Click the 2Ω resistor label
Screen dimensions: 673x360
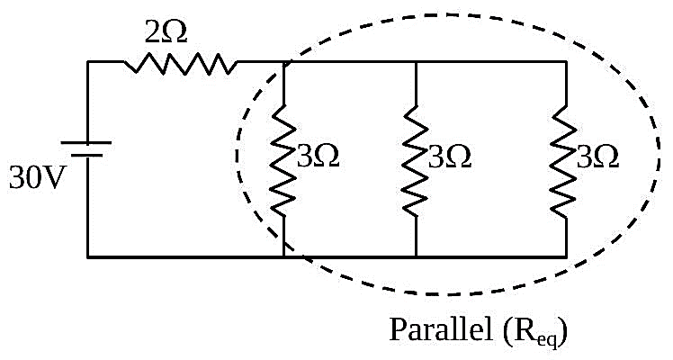[x=166, y=31]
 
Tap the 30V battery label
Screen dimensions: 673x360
[x=36, y=177]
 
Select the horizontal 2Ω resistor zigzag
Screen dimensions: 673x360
[x=180, y=64]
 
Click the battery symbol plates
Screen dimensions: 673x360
[x=86, y=148]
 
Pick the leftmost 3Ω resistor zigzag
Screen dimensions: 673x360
[x=283, y=159]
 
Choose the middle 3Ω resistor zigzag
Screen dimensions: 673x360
[x=415, y=159]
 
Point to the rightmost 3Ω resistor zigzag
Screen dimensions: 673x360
[x=565, y=161]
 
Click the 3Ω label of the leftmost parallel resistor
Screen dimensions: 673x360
[x=318, y=156]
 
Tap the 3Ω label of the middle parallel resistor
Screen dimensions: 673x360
[x=450, y=157]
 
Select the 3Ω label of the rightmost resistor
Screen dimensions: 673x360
[x=597, y=157]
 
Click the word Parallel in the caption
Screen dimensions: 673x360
[x=441, y=329]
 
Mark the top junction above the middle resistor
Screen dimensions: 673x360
[x=416, y=62]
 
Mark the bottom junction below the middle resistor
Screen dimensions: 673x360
[x=416, y=257]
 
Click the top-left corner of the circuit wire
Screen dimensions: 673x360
[x=87, y=62]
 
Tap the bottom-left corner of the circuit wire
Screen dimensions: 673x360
[x=87, y=257]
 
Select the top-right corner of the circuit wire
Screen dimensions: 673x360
[x=566, y=62]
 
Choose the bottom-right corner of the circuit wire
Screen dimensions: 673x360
[x=566, y=257]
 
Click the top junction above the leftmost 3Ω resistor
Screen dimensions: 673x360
[x=283, y=62]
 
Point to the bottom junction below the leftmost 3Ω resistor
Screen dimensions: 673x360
[x=283, y=257]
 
